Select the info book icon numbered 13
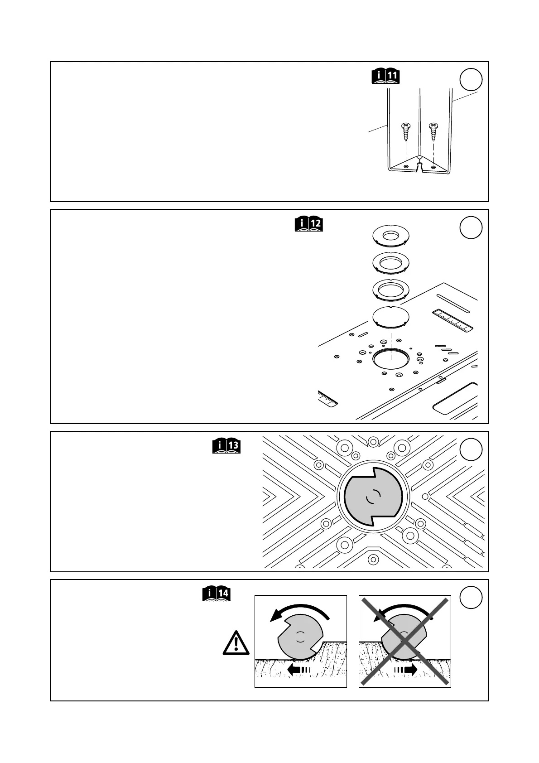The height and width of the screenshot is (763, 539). (x=226, y=446)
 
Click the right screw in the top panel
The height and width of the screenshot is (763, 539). (x=433, y=131)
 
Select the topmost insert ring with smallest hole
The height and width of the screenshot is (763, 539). (x=390, y=236)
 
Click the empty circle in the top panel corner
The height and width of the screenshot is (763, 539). (x=471, y=80)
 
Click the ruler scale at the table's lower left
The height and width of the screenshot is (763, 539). (x=327, y=398)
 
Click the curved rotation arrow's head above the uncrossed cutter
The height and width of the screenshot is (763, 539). (x=274, y=616)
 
